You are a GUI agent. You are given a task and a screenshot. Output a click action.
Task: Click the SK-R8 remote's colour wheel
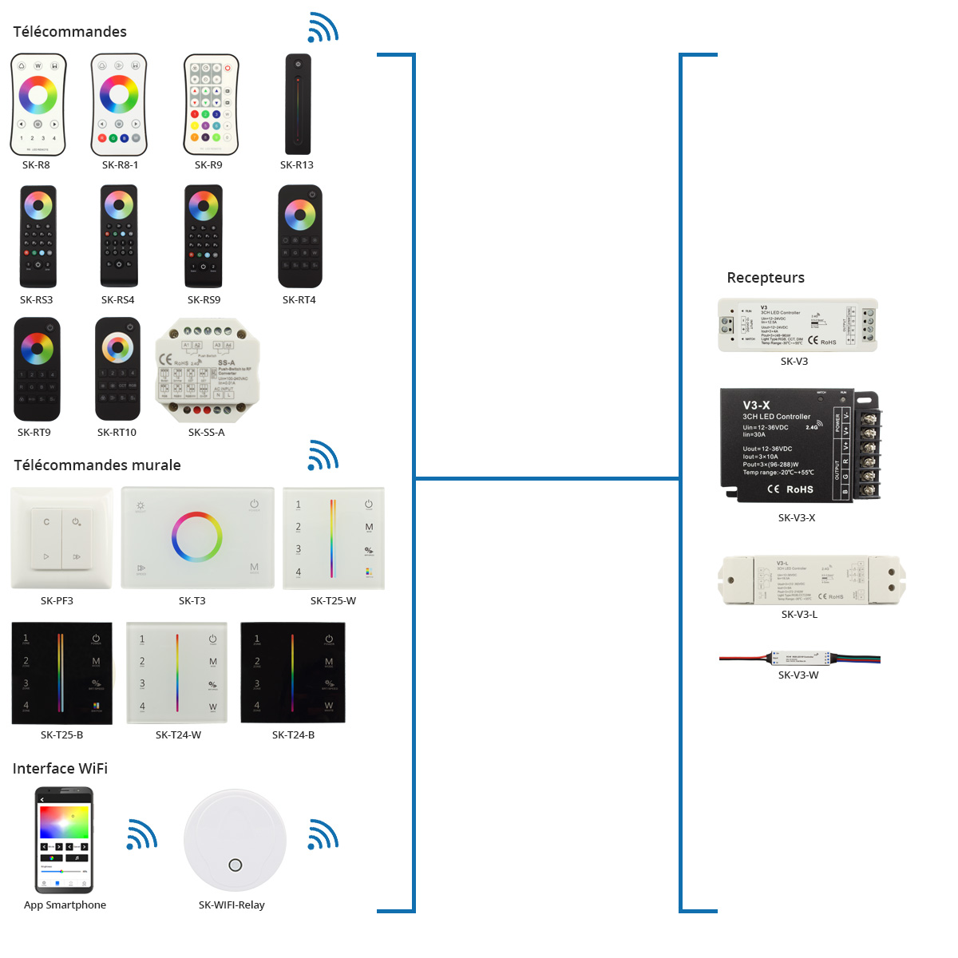tap(38, 95)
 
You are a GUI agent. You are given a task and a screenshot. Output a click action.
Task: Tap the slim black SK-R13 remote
tap(298, 104)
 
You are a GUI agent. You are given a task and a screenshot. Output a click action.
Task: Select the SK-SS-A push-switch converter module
tap(207, 370)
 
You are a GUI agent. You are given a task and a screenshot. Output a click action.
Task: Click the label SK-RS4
tap(117, 300)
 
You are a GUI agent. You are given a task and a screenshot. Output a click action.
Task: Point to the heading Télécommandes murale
tap(97, 465)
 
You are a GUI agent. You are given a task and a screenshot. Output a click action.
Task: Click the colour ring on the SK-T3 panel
tap(196, 537)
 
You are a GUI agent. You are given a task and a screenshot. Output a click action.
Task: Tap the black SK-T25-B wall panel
tap(62, 673)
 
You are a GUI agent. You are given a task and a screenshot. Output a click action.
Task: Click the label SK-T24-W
tap(178, 735)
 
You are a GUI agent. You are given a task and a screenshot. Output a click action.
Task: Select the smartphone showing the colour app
tap(65, 840)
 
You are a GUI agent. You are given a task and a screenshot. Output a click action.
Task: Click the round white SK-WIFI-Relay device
tap(235, 840)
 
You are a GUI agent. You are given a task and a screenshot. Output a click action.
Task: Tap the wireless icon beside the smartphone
tap(142, 834)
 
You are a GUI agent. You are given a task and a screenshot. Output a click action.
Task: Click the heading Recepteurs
tap(766, 278)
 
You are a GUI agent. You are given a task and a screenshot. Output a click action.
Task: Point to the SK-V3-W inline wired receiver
tap(800, 659)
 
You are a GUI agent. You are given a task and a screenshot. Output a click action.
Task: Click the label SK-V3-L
tap(799, 615)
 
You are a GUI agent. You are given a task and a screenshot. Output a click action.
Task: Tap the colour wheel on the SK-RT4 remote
tap(300, 214)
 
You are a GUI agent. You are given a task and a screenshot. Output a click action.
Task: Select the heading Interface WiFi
tap(60, 769)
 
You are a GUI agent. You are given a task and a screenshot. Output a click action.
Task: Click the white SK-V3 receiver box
tap(798, 325)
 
